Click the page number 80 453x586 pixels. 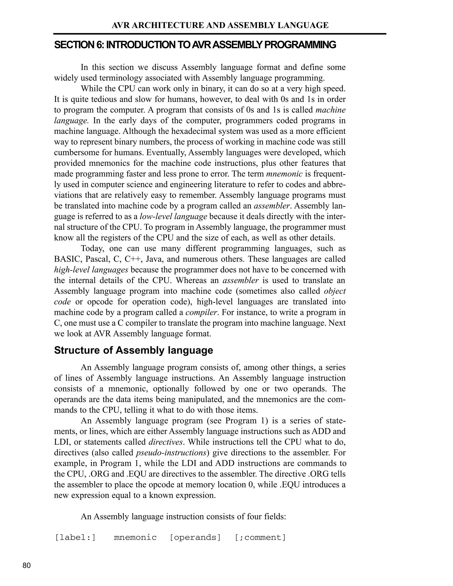(x=27, y=566)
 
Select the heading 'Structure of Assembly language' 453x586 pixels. (x=133, y=350)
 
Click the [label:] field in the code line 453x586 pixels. (x=75, y=538)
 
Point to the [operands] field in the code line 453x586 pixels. (x=195, y=538)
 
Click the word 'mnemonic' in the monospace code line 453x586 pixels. (x=135, y=538)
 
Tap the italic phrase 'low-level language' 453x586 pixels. (x=173, y=216)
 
